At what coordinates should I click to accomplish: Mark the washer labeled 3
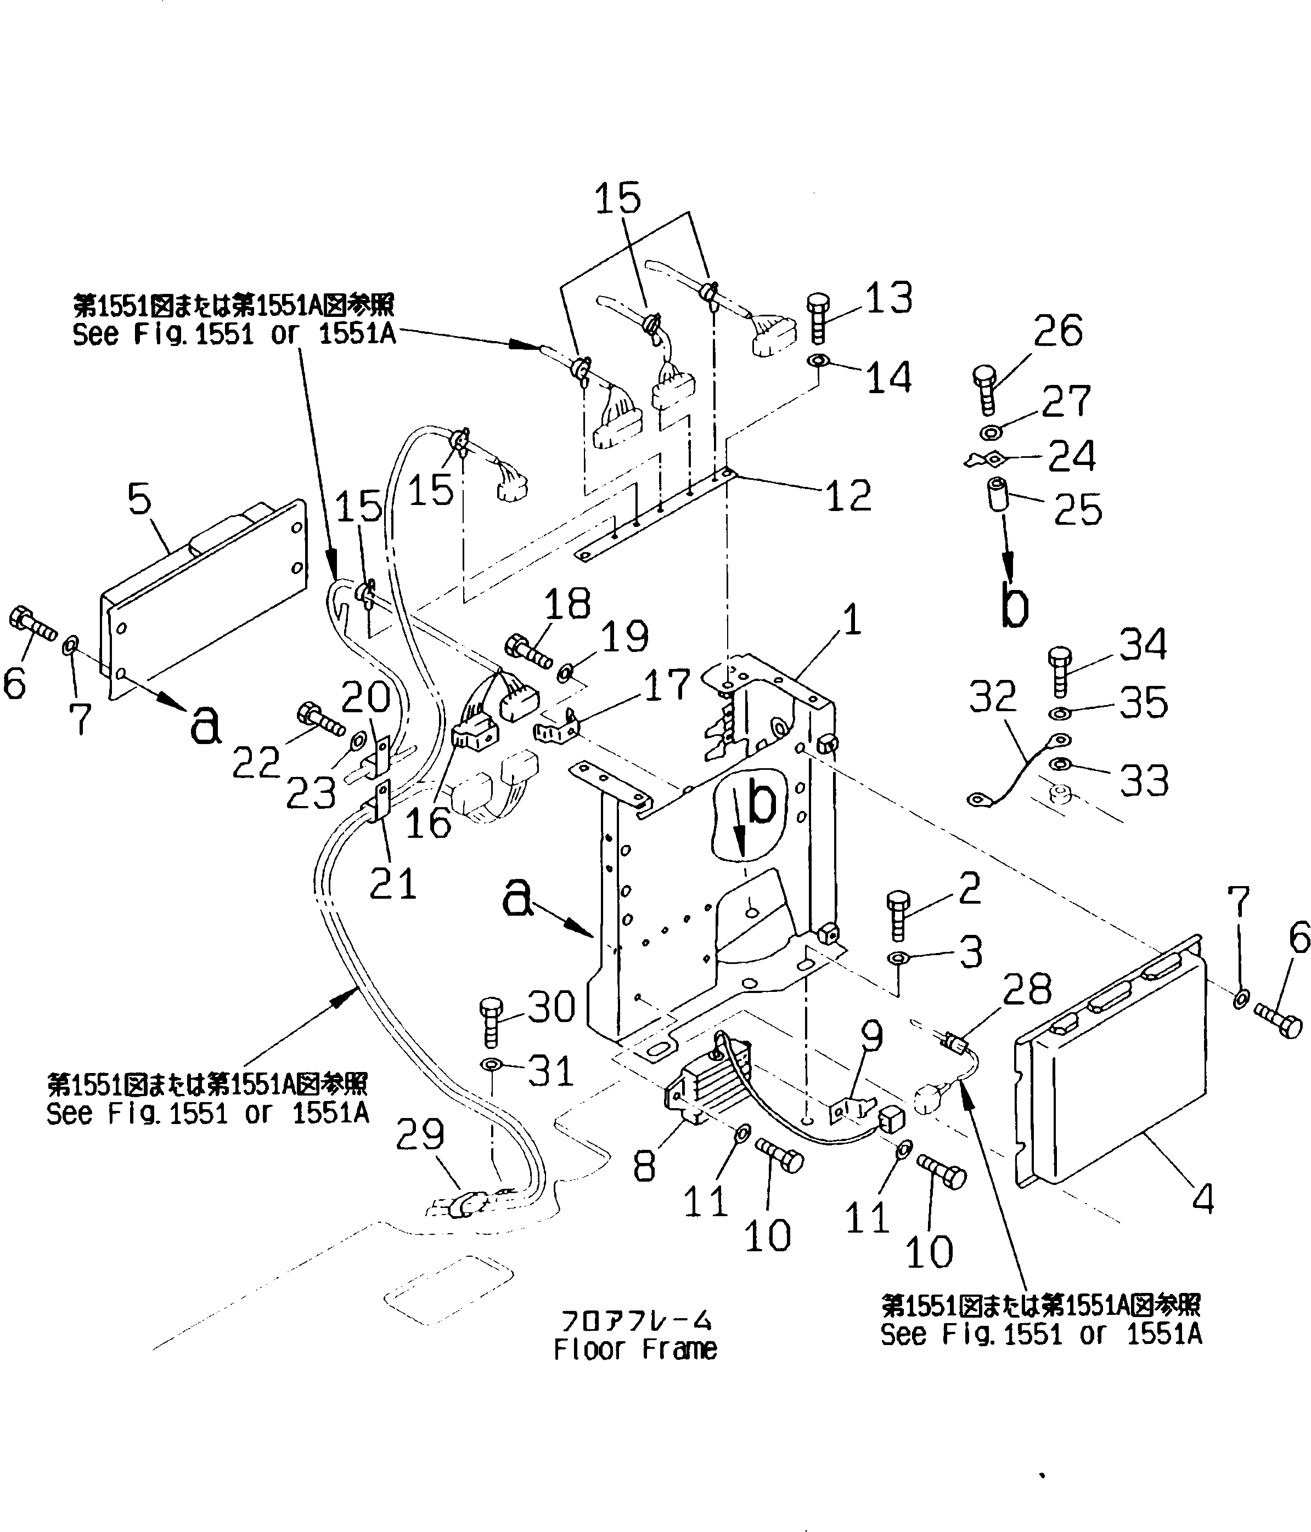tap(897, 959)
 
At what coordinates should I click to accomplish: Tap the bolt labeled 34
tap(1060, 670)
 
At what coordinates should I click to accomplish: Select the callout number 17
tap(667, 685)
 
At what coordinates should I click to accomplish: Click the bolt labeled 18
tap(527, 651)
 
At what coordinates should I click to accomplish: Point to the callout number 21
tap(393, 883)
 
